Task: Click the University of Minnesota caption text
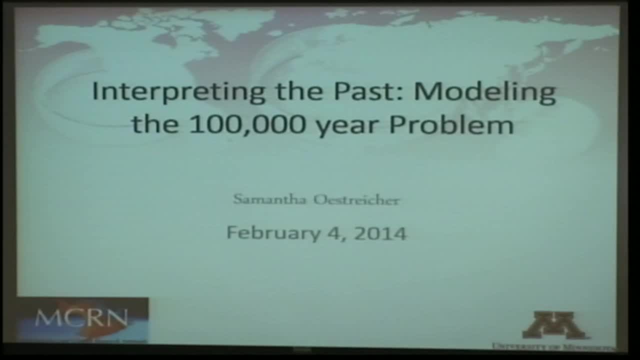tap(552, 346)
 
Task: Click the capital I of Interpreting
tap(95, 91)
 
